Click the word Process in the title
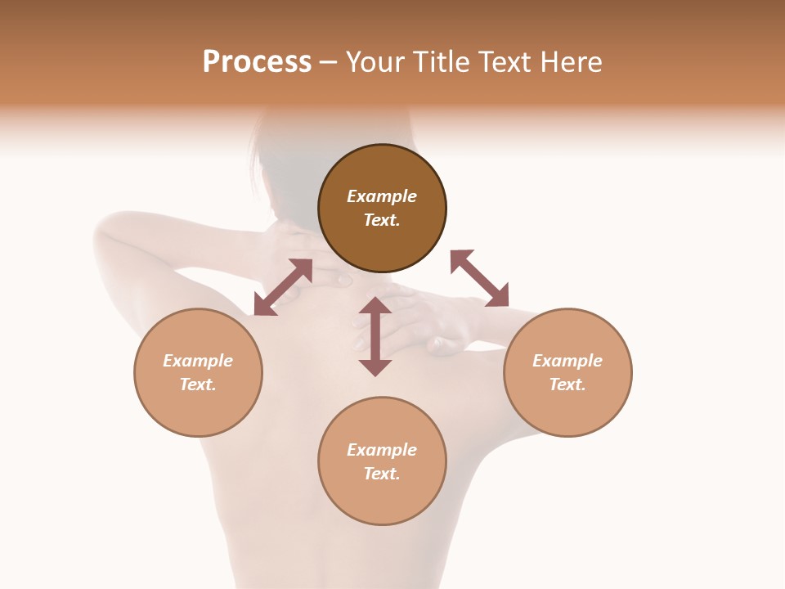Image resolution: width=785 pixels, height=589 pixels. pos(257,62)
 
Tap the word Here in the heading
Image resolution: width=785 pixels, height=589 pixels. pos(572,62)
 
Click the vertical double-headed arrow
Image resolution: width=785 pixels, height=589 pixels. pos(375,336)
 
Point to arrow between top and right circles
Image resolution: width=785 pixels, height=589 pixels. pos(479,278)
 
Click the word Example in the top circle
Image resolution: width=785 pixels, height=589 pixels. pos(382,196)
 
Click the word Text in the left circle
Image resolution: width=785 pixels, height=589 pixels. pos(197,384)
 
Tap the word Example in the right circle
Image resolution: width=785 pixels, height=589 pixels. pos(567,361)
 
